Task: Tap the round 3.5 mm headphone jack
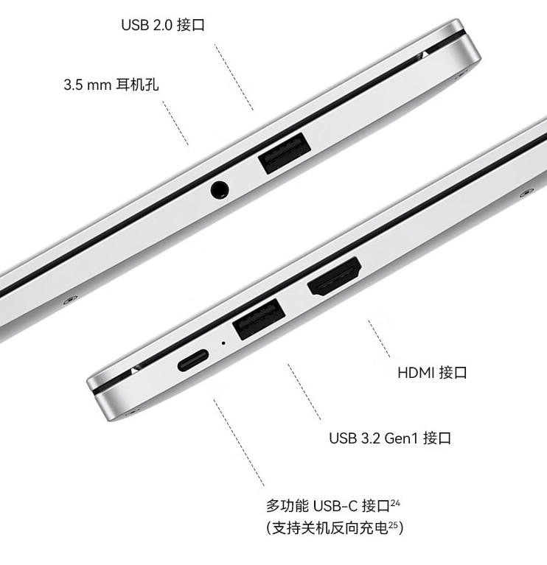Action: (219, 190)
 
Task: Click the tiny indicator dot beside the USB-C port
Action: (223, 343)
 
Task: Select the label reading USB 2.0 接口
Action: (162, 25)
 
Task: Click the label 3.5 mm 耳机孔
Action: (111, 85)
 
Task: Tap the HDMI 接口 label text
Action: (432, 373)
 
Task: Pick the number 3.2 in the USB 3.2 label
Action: (371, 439)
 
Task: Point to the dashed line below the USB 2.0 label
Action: (234, 77)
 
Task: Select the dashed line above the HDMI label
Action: (380, 339)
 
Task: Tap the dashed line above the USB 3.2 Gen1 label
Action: (304, 390)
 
